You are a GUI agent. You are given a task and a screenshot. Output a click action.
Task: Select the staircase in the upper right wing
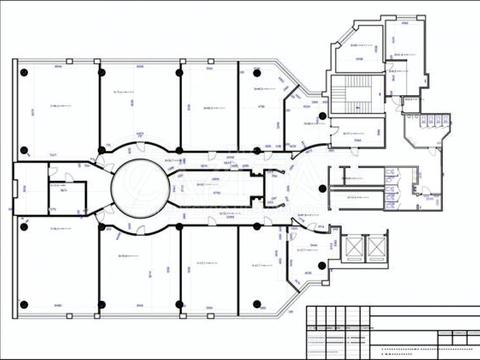point(354,98)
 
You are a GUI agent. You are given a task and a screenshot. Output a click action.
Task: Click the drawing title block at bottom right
point(391,330)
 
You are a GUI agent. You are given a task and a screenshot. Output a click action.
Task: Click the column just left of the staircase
point(322,116)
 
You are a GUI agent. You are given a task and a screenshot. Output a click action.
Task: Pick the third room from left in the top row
point(208,105)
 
